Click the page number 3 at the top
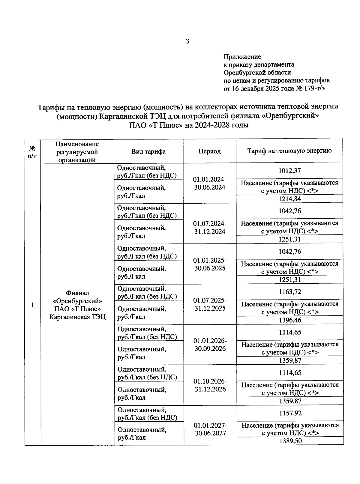(x=187, y=42)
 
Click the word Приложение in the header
(x=242, y=57)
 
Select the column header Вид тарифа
(x=148, y=151)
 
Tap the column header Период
(x=209, y=151)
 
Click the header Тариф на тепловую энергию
(x=289, y=151)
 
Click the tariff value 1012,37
(x=289, y=171)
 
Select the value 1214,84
(x=289, y=199)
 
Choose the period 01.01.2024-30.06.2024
(x=209, y=183)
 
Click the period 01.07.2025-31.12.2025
(x=210, y=304)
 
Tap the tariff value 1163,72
(x=289, y=292)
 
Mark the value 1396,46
(x=290, y=320)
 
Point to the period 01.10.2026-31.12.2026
(x=210, y=385)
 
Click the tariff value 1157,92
(x=290, y=413)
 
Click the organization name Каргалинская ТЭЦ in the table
(x=77, y=317)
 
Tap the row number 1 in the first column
(x=32, y=305)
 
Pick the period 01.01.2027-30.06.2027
(x=210, y=429)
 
